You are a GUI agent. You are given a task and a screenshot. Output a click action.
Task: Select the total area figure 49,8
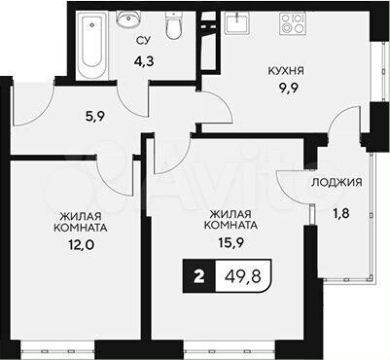tap(261, 277)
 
